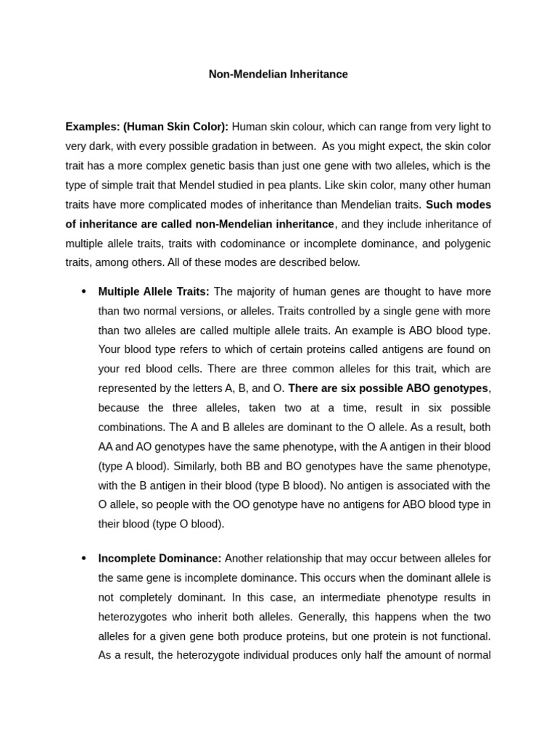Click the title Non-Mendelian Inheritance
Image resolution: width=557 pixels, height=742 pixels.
click(278, 75)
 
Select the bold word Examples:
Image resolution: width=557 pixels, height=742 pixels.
click(92, 126)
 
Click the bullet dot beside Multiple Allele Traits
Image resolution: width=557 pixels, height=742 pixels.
click(83, 291)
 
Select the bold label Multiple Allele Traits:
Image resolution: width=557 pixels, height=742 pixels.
click(154, 291)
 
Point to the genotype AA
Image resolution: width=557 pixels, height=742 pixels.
click(107, 446)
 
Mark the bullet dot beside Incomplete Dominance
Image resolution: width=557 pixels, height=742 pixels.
click(83, 558)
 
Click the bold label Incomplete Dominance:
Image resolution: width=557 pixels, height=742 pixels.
click(160, 558)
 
